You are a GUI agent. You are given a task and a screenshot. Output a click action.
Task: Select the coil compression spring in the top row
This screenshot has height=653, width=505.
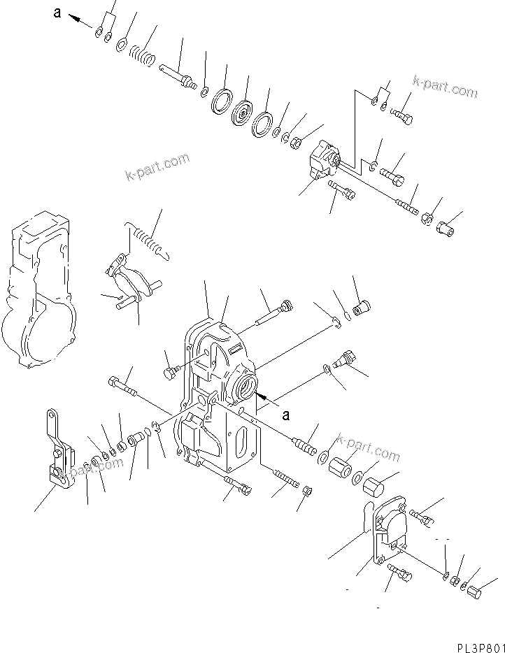point(145,55)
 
